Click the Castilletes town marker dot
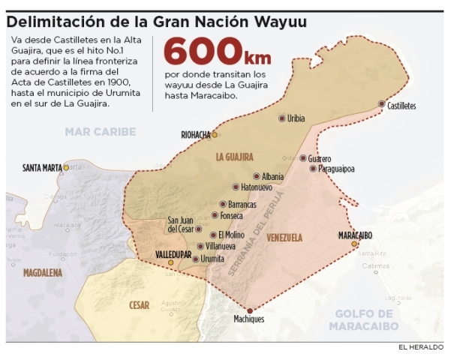(x=382, y=103)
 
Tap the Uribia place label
(x=296, y=118)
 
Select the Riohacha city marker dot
(x=215, y=135)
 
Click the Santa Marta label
(x=42, y=167)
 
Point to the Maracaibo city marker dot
(x=354, y=243)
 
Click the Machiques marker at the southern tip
(x=250, y=310)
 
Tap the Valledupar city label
(x=173, y=255)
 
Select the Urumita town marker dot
(x=196, y=259)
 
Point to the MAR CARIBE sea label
(x=100, y=132)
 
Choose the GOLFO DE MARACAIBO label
(x=365, y=319)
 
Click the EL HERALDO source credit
(x=421, y=346)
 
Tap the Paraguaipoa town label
(x=336, y=169)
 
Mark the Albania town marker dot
(x=256, y=177)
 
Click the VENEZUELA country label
(x=284, y=238)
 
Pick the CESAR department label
(x=139, y=305)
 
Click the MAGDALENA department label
(x=42, y=273)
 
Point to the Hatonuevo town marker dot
(x=236, y=187)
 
